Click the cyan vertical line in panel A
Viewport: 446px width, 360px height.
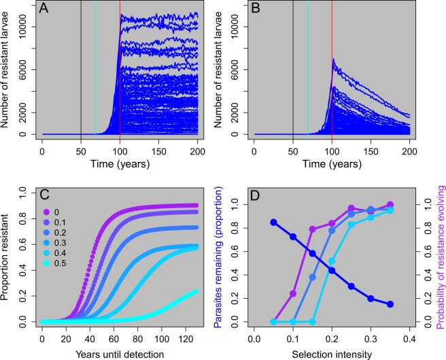96,68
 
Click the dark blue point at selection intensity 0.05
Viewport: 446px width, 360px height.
273,223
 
